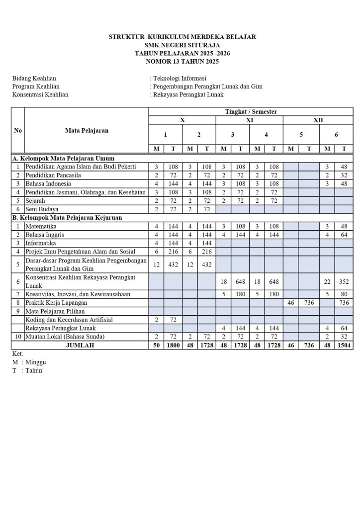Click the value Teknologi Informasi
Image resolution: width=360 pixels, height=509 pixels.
pyautogui.click(x=180, y=78)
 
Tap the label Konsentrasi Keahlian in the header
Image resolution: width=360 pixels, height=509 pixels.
pyautogui.click(x=40, y=94)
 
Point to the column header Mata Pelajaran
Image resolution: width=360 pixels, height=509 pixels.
pyautogui.click(x=87, y=131)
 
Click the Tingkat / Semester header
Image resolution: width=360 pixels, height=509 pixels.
pyautogui.click(x=251, y=112)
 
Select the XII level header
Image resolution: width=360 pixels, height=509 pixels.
pyautogui.click(x=318, y=120)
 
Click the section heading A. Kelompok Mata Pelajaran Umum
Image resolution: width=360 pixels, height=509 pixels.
pyautogui.click(x=63, y=158)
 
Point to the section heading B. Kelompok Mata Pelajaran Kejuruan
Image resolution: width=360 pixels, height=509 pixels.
pyautogui.click(x=67, y=217)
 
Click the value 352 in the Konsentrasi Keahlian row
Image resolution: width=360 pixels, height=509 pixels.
pyautogui.click(x=343, y=282)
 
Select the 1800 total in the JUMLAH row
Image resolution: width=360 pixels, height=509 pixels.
pyautogui.click(x=174, y=345)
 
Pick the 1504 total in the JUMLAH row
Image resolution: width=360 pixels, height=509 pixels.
pyautogui.click(x=343, y=345)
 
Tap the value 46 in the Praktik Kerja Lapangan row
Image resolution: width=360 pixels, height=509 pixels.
pyautogui.click(x=291, y=302)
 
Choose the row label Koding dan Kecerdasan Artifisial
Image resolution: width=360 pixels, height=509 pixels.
pyautogui.click(x=68, y=319)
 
